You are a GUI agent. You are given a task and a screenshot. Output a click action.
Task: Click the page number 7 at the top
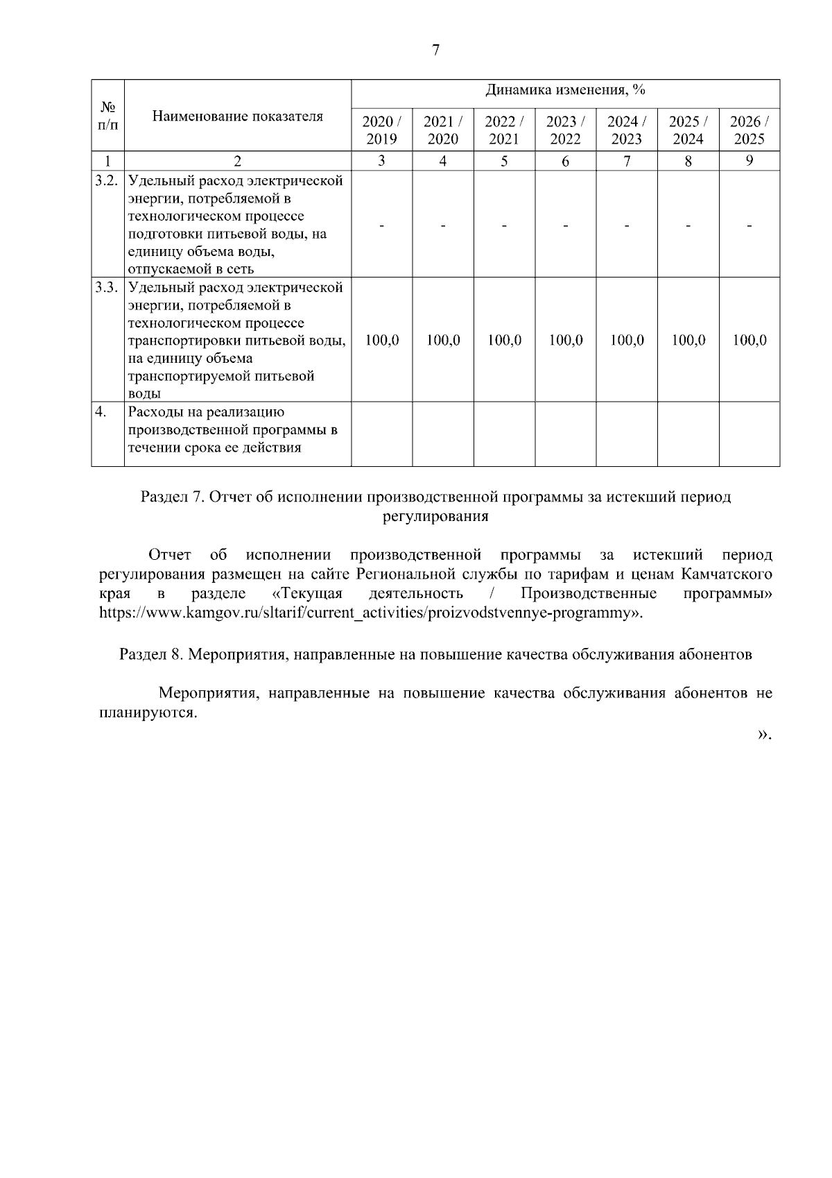pos(435,51)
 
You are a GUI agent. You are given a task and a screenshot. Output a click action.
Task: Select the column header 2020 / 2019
pos(381,130)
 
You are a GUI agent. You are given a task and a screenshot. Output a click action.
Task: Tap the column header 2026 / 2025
pos(749,130)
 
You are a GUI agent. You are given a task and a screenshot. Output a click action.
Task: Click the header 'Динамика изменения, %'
pos(565,90)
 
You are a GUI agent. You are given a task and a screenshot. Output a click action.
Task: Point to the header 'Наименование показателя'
pos(237,116)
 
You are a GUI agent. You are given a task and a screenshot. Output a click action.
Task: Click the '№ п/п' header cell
pos(107,116)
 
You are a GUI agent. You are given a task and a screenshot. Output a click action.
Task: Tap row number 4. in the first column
pos(101,412)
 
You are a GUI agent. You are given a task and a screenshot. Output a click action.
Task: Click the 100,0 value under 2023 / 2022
pos(565,341)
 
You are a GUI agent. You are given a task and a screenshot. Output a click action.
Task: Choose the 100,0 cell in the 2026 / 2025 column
pos(749,341)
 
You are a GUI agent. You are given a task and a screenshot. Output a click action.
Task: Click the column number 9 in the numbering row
pos(749,162)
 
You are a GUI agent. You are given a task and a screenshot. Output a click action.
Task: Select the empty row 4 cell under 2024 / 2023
pos(626,433)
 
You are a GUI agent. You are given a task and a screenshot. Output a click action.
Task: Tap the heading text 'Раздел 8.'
pos(150,654)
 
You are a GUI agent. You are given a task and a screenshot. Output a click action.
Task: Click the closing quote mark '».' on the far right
pos(764,734)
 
